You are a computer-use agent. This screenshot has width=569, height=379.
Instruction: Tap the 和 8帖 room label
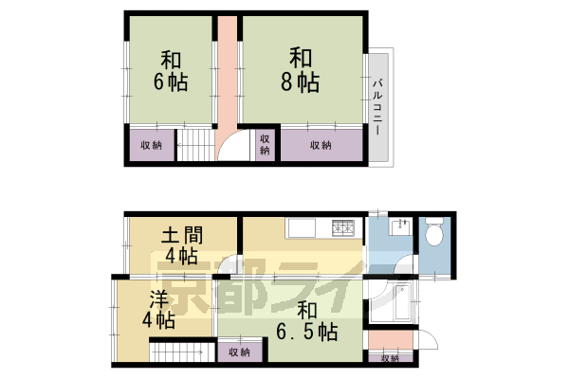click(x=300, y=69)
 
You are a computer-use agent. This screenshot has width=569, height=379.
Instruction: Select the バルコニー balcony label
click(x=376, y=106)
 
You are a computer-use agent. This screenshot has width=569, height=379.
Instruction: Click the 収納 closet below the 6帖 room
click(x=151, y=146)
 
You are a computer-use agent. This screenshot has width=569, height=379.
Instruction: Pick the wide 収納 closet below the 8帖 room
click(x=321, y=146)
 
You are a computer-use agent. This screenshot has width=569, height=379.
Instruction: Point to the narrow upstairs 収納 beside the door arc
click(x=265, y=145)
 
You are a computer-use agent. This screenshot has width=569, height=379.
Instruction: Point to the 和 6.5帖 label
click(x=305, y=320)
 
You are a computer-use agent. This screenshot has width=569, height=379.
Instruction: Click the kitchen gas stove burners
click(x=341, y=227)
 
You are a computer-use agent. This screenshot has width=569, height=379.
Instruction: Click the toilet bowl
click(x=437, y=233)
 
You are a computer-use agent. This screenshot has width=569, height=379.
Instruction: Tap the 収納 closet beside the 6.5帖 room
click(x=238, y=352)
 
